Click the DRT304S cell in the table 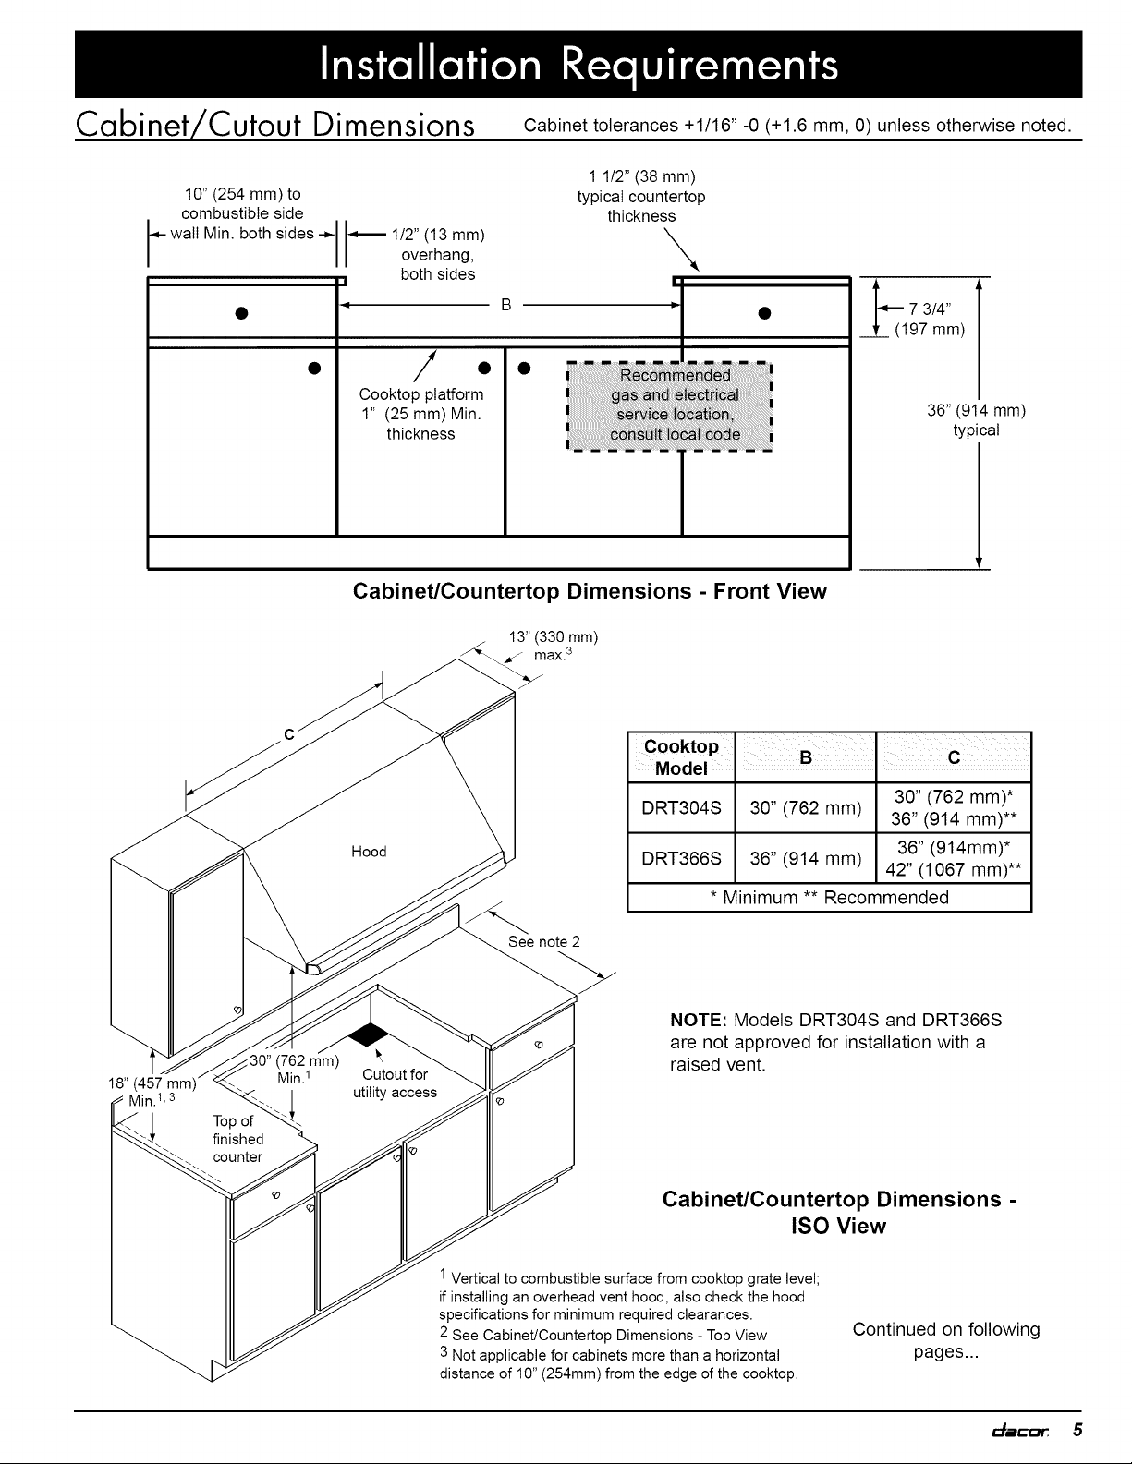pyautogui.click(x=681, y=809)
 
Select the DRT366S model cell pyautogui.click(x=681, y=859)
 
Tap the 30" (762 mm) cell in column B pyautogui.click(x=805, y=809)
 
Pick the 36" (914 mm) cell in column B pyautogui.click(x=805, y=859)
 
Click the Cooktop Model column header pyautogui.click(x=681, y=757)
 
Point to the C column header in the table pyautogui.click(x=953, y=757)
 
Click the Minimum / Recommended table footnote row pyautogui.click(x=828, y=898)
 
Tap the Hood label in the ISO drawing pyautogui.click(x=369, y=852)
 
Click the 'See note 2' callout pyautogui.click(x=544, y=942)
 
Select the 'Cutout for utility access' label pyautogui.click(x=395, y=1083)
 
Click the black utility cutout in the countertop pyautogui.click(x=367, y=1032)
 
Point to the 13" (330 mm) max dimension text pyautogui.click(x=554, y=645)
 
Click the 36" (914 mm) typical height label pyautogui.click(x=978, y=420)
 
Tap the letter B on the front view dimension pyautogui.click(x=505, y=302)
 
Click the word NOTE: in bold pyautogui.click(x=699, y=1021)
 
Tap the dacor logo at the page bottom pyautogui.click(x=1016, y=1430)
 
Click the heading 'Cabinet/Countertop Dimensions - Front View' pyautogui.click(x=590, y=591)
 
